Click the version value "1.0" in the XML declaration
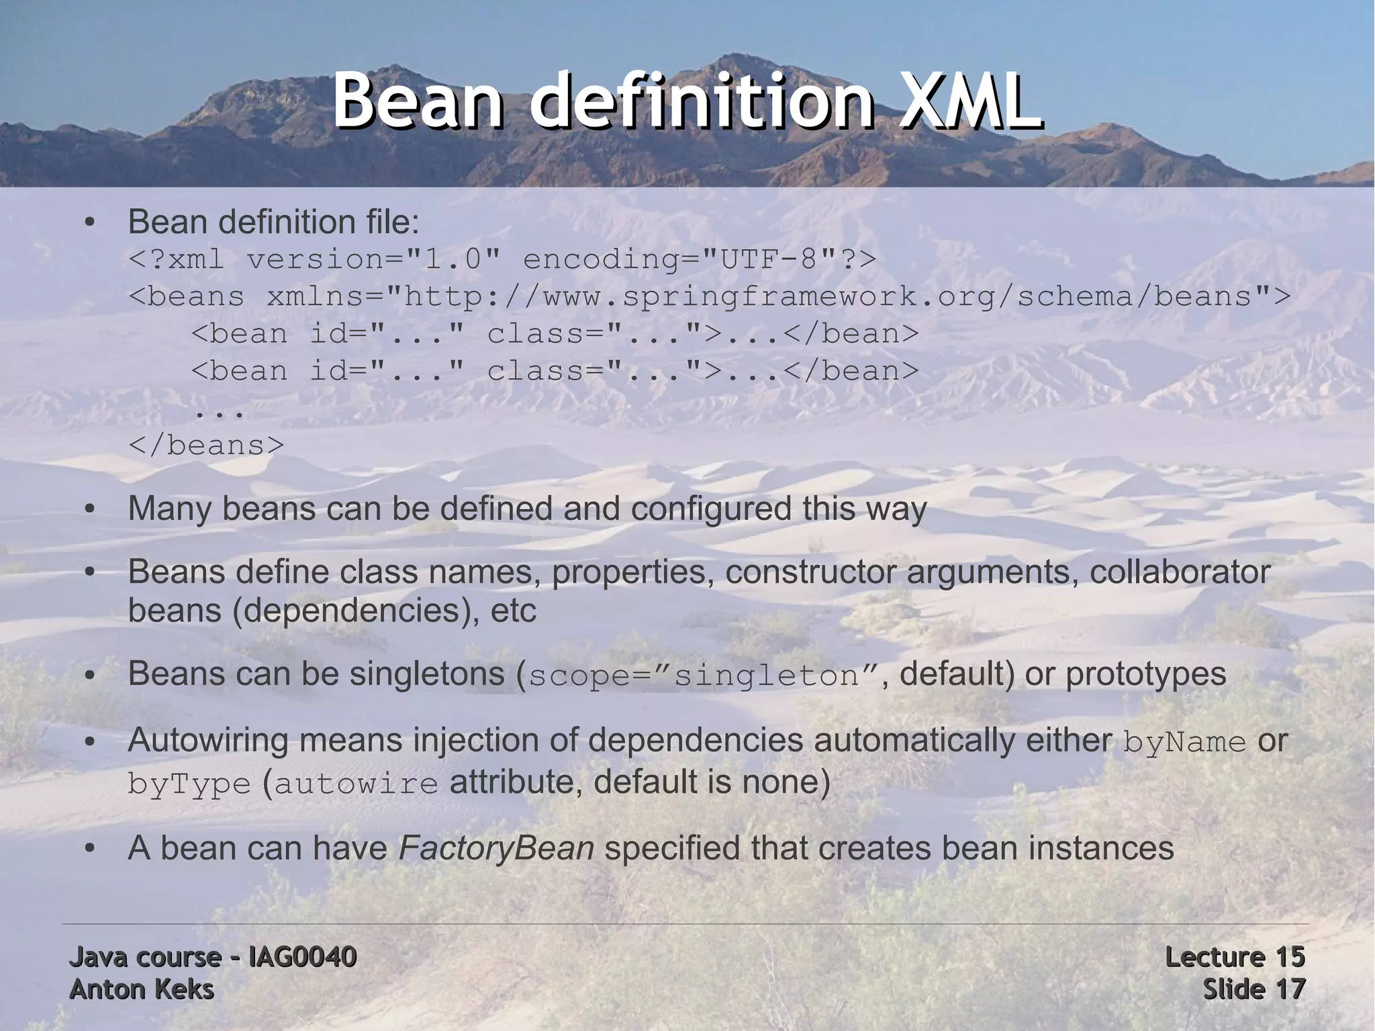[x=453, y=259]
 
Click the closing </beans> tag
[x=206, y=445]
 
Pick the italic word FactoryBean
[x=496, y=848]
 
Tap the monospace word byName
[x=1184, y=742]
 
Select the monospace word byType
[x=189, y=784]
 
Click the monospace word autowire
[x=356, y=784]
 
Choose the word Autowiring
[x=208, y=741]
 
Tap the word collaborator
[x=1180, y=572]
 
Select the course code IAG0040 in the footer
[x=302, y=957]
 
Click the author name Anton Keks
[x=142, y=989]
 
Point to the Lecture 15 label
[x=1235, y=957]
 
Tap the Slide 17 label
[x=1253, y=989]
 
